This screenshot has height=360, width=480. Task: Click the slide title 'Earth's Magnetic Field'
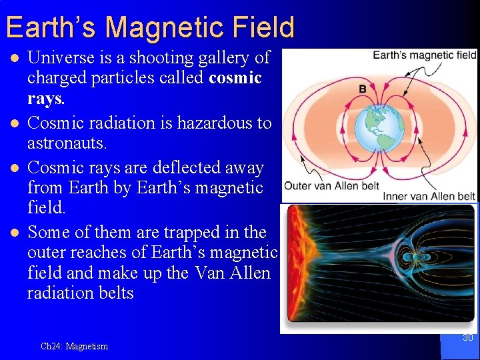coord(149,27)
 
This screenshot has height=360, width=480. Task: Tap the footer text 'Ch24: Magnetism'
coord(74,346)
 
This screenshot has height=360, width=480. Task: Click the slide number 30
coord(467,338)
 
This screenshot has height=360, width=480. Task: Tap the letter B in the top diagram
coord(363,89)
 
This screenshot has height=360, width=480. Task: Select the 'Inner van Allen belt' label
coord(429,195)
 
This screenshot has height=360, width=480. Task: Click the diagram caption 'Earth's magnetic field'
coord(424,55)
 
